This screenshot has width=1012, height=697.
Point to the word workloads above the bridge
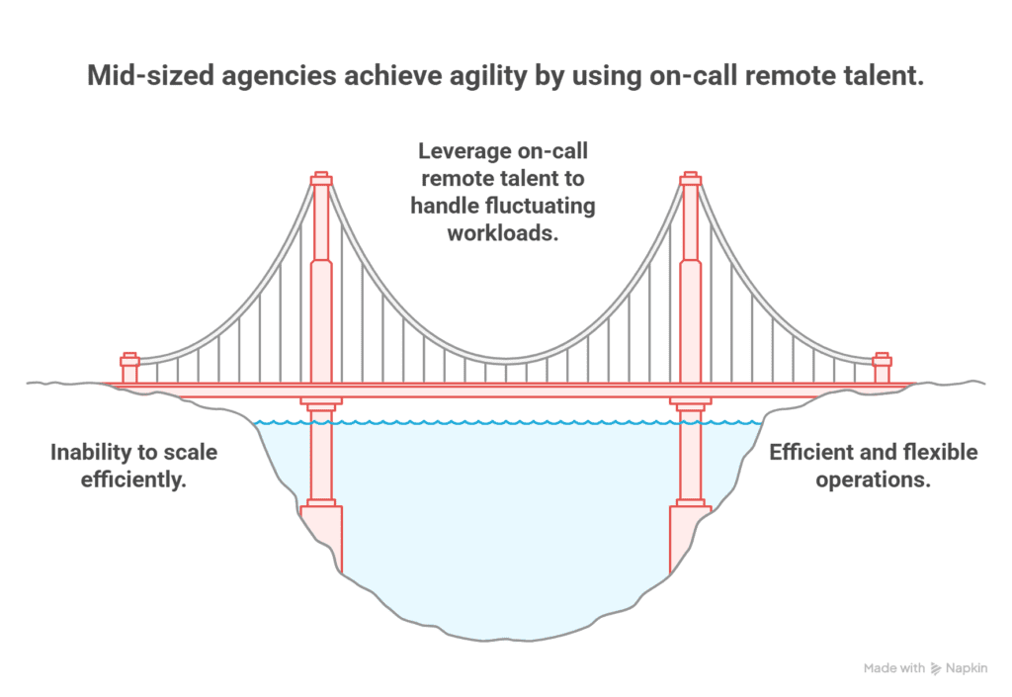pyautogui.click(x=506, y=234)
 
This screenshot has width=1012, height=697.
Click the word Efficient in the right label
pyautogui.click(x=812, y=453)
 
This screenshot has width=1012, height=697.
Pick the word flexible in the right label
pyautogui.click(x=937, y=453)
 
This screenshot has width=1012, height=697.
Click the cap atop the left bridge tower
pyautogui.click(x=321, y=179)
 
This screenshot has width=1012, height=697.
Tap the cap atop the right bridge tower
pyautogui.click(x=691, y=179)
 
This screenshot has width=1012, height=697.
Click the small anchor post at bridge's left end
pyautogui.click(x=129, y=368)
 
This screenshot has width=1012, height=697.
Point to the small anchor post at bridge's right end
pyautogui.click(x=882, y=368)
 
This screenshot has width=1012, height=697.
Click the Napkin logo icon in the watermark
pyautogui.click(x=936, y=669)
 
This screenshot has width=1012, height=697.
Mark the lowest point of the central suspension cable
pyautogui.click(x=506, y=360)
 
